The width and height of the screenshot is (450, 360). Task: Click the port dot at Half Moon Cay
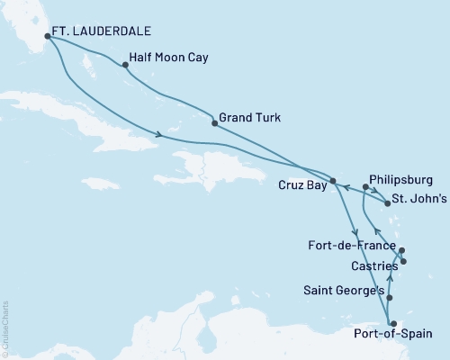tap(123, 65)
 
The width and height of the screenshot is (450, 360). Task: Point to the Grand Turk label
tap(250, 117)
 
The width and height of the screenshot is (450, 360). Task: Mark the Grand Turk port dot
tap(214, 123)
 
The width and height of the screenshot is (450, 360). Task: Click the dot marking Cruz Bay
tap(332, 181)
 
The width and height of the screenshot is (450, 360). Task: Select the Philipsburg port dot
tap(365, 187)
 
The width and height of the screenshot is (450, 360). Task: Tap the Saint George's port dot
tap(389, 296)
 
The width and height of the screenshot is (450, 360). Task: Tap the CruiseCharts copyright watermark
tap(5, 329)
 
